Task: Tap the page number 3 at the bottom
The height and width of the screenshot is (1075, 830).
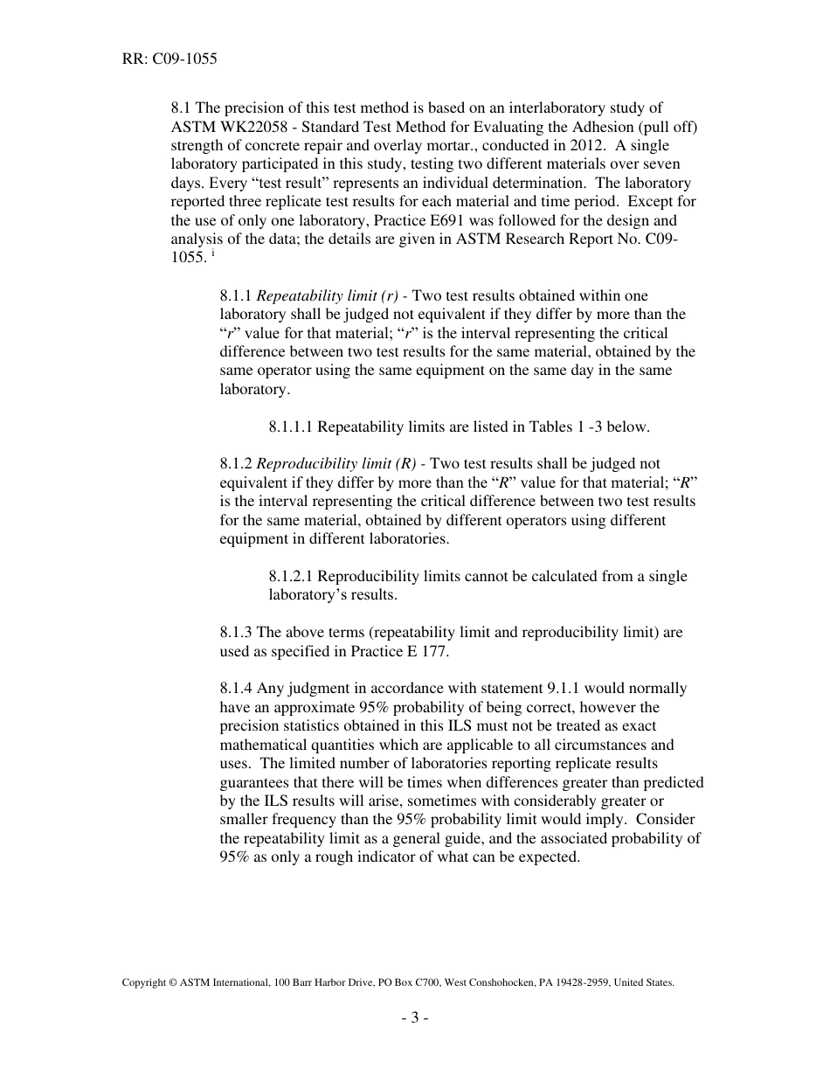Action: click(x=415, y=1017)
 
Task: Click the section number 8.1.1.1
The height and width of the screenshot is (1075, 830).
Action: click(x=291, y=427)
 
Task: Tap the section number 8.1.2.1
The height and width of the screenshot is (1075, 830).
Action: click(x=291, y=577)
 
